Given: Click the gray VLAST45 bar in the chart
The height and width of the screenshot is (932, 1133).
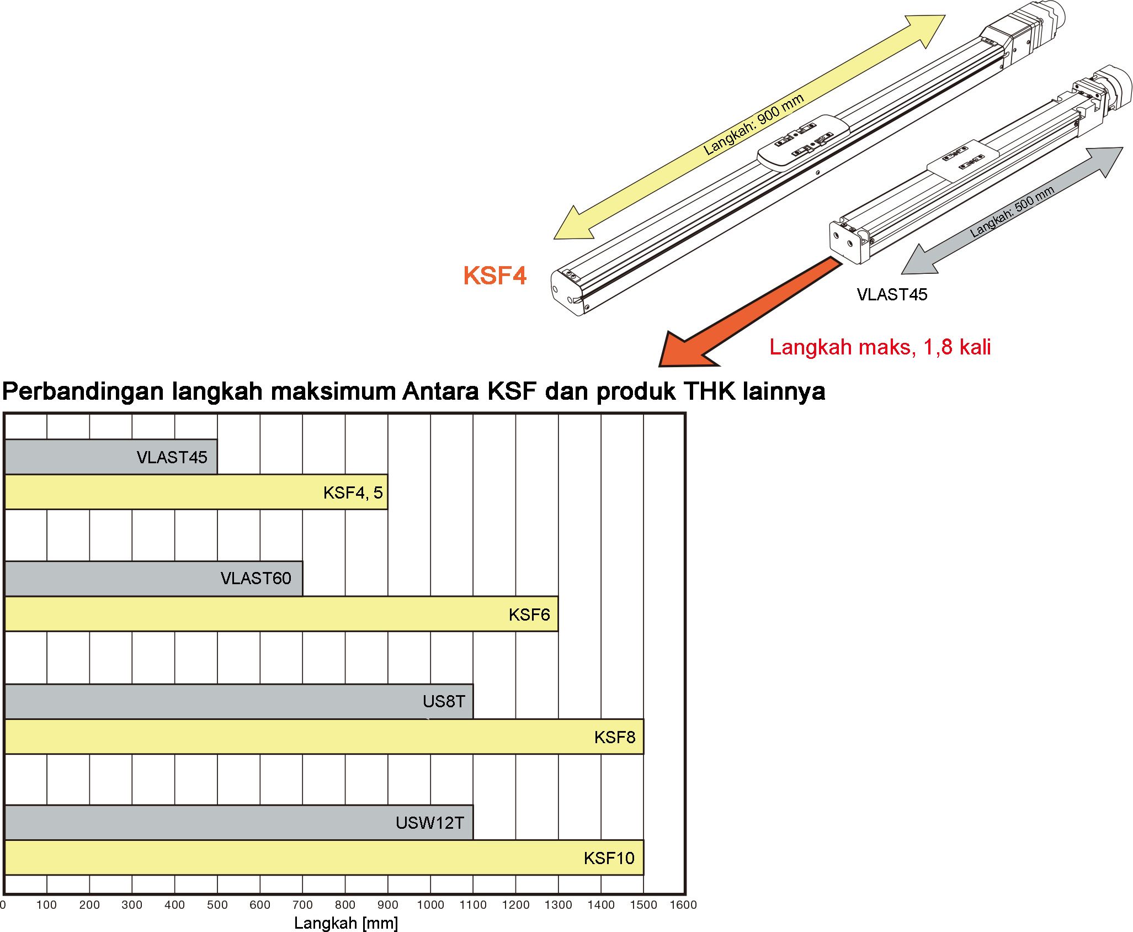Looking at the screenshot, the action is (x=111, y=457).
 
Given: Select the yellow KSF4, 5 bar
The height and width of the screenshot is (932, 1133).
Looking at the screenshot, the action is (x=196, y=492).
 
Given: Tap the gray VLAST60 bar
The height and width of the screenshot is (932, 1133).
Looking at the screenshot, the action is (x=153, y=579).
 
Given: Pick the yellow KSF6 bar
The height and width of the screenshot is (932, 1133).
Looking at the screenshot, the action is (x=281, y=614).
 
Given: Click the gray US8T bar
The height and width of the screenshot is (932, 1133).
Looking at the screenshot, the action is (x=238, y=702).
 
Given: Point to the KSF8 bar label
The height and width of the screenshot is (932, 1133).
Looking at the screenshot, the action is (x=615, y=737).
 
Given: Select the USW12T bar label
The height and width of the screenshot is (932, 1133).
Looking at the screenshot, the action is (x=430, y=823).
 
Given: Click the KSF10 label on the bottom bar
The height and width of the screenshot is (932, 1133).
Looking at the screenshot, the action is (x=609, y=858).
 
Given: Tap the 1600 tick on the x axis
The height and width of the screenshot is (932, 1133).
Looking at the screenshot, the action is (x=683, y=905).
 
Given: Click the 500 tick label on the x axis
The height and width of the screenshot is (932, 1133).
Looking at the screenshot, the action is (x=217, y=905).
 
